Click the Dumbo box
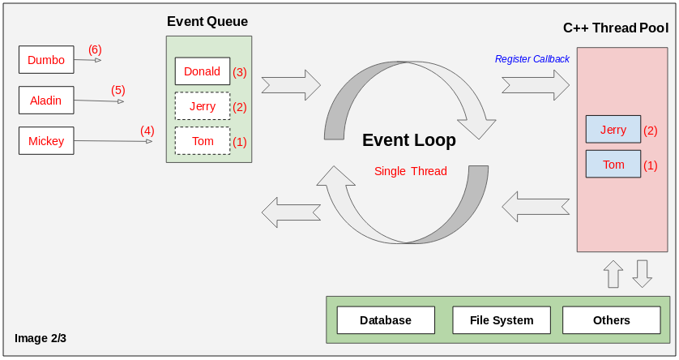[x=46, y=59]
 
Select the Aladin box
[x=46, y=100]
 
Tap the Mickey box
[x=46, y=141]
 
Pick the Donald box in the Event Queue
[x=203, y=71]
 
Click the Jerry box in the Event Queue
[x=203, y=106]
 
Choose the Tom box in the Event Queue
[x=203, y=141]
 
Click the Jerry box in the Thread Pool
[x=613, y=130]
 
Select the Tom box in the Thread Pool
[x=613, y=165]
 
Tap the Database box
[x=386, y=320]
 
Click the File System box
[x=502, y=320]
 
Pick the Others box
[x=612, y=320]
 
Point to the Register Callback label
[x=532, y=59]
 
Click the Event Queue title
[x=207, y=22]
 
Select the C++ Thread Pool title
[x=616, y=28]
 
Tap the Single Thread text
[x=410, y=171]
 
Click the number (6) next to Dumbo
[x=95, y=49]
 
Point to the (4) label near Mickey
[x=147, y=130]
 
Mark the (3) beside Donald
[x=240, y=72]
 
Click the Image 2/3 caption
[x=41, y=338]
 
